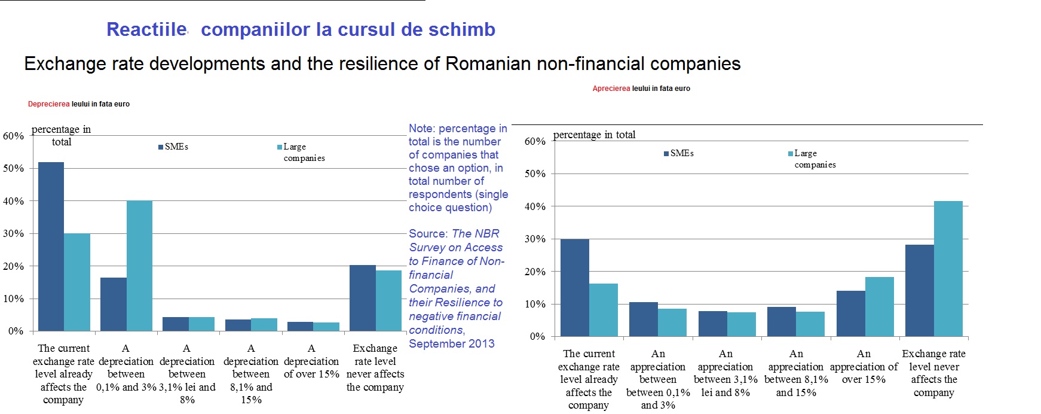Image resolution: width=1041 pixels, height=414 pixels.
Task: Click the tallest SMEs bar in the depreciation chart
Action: coord(51,246)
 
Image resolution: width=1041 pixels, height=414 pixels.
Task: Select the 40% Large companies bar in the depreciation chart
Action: coord(139,266)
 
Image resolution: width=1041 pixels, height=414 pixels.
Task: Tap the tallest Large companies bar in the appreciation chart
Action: coord(948,269)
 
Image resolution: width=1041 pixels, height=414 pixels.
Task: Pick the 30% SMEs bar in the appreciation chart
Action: coord(574,288)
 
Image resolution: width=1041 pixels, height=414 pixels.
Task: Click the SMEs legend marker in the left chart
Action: coord(161,147)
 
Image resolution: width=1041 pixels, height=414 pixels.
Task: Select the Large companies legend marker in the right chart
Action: coord(791,154)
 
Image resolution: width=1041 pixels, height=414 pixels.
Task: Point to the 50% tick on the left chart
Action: coord(13,169)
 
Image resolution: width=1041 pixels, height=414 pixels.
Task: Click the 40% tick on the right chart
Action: coord(535,207)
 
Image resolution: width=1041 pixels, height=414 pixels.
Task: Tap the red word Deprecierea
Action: coord(48,104)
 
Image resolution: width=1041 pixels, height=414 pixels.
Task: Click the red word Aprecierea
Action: coord(611,89)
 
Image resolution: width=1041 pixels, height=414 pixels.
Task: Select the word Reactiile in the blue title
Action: coord(146,29)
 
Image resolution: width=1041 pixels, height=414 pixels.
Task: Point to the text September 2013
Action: coord(452,343)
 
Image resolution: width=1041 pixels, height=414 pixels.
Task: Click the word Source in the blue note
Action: coord(428,233)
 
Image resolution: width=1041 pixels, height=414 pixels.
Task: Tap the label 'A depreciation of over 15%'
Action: coord(311,361)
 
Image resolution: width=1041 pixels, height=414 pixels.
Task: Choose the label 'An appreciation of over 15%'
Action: coord(864,366)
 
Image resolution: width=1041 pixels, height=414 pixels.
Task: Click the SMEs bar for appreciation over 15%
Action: coord(850,313)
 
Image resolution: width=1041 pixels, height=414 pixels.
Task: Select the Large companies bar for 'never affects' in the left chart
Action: coord(388,300)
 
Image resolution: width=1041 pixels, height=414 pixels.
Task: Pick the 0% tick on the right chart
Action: coord(537,337)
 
